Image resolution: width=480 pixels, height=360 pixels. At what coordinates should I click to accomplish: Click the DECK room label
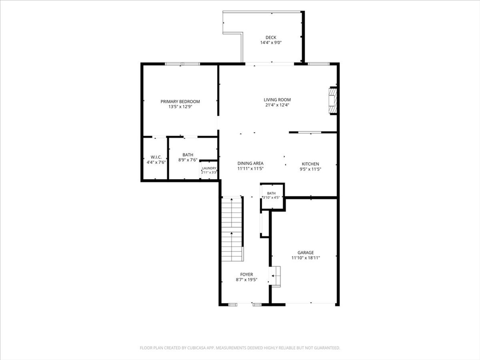(x=270, y=37)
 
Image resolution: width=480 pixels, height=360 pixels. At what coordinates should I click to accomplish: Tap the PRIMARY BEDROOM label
(x=180, y=102)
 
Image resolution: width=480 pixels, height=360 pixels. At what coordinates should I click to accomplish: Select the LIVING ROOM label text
(x=277, y=100)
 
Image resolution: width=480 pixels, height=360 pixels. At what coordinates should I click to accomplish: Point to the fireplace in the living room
(x=333, y=101)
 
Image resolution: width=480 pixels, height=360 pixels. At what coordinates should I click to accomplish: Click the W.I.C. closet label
(x=156, y=157)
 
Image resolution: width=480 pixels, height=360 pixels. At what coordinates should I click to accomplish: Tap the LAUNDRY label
(x=210, y=168)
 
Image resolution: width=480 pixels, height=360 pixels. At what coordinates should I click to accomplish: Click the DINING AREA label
(x=250, y=164)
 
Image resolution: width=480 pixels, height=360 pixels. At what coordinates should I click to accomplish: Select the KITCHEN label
(x=310, y=164)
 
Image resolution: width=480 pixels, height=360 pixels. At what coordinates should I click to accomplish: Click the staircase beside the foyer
(x=232, y=229)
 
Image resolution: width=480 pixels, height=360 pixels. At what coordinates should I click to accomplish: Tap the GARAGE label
(x=306, y=253)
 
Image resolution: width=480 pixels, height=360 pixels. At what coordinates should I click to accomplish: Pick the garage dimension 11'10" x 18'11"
(x=306, y=258)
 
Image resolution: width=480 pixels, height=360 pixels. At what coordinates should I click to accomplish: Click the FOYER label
(x=247, y=275)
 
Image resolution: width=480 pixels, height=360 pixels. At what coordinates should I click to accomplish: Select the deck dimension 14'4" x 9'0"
(x=271, y=43)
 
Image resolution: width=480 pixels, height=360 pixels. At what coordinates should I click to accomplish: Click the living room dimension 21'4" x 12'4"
(x=277, y=105)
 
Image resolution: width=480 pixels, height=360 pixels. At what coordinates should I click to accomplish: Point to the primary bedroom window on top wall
(x=182, y=64)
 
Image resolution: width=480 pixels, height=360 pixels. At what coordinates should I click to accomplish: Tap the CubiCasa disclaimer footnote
(x=240, y=348)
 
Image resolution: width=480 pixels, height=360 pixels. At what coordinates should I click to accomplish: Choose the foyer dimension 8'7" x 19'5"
(x=247, y=280)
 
